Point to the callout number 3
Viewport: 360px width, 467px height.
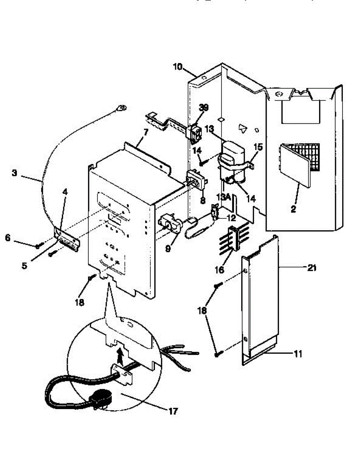pyautogui.click(x=14, y=173)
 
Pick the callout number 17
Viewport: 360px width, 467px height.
pyautogui.click(x=174, y=411)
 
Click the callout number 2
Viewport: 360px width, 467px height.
pyautogui.click(x=293, y=209)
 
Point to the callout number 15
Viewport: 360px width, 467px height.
pyautogui.click(x=258, y=147)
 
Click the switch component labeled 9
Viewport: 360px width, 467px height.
pyautogui.click(x=170, y=225)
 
